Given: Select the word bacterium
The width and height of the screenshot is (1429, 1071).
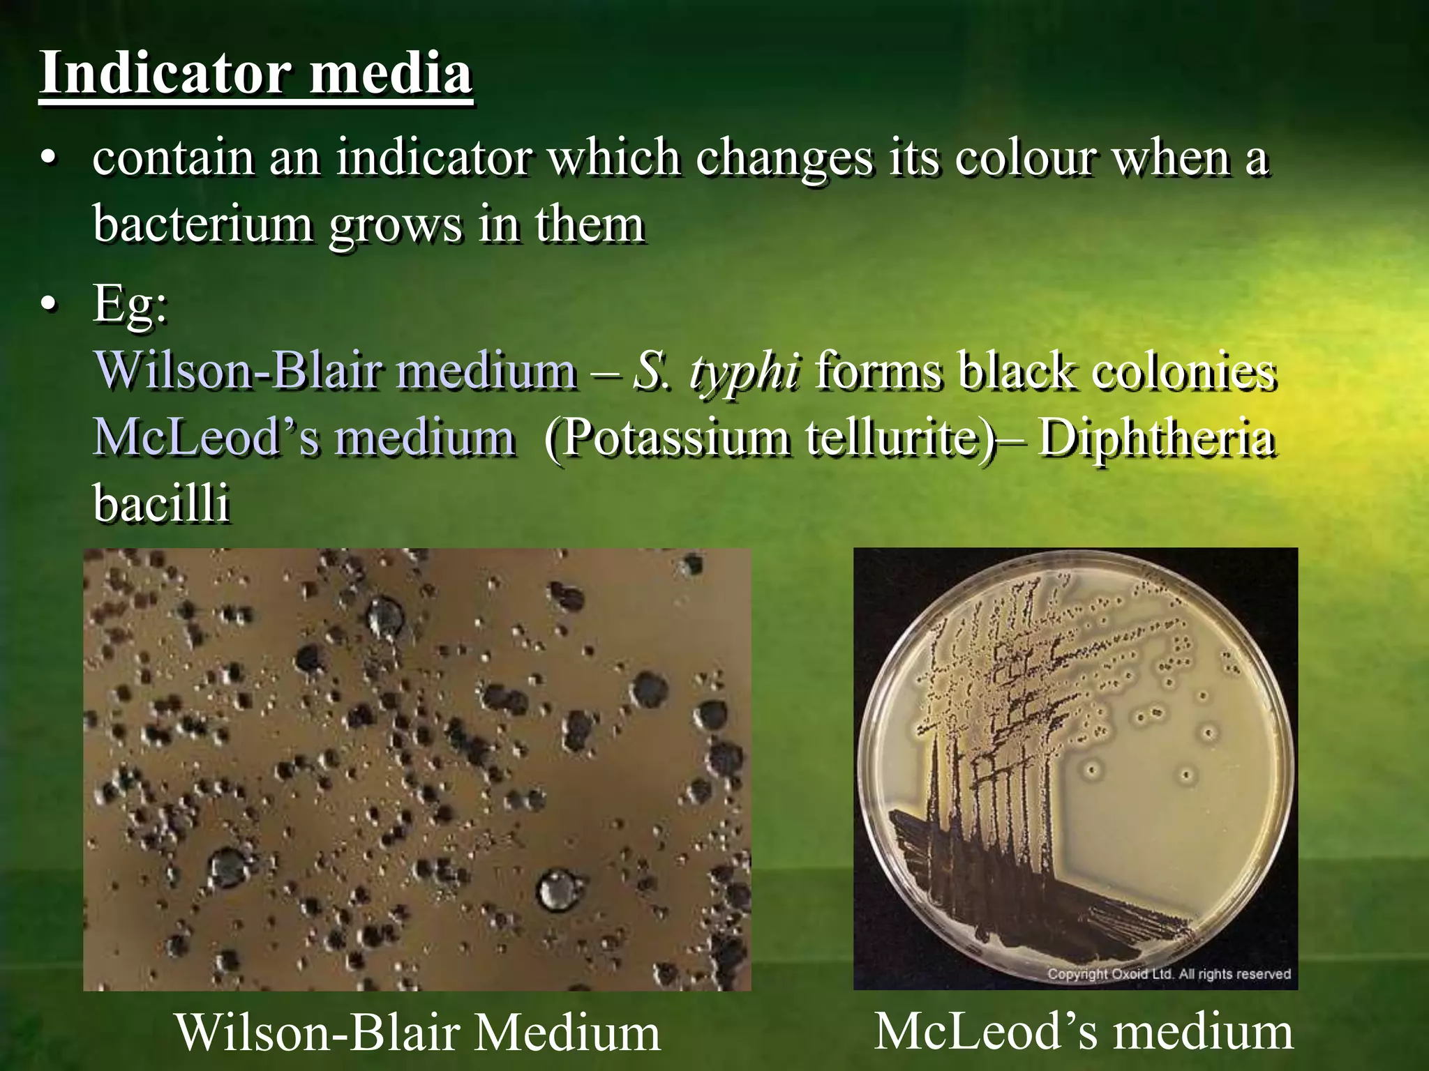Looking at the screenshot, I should pyautogui.click(x=202, y=225).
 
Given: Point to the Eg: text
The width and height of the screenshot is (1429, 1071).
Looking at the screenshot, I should pyautogui.click(x=130, y=304).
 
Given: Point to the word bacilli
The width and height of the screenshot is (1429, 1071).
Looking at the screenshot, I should pyautogui.click(x=161, y=503).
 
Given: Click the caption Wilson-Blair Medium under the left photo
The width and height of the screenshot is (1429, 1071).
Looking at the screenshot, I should pyautogui.click(x=417, y=1032).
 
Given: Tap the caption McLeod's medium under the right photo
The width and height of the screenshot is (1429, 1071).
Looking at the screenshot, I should pyautogui.click(x=1084, y=1031).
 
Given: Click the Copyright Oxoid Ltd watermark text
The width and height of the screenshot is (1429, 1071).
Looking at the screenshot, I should pyautogui.click(x=1169, y=973).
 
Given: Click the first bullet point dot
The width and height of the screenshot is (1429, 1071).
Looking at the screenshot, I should pyautogui.click(x=47, y=159).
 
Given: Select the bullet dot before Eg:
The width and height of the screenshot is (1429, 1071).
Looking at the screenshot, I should pyautogui.click(x=47, y=305).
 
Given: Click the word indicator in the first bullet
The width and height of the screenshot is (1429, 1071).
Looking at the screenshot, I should pyautogui.click(x=434, y=158).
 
